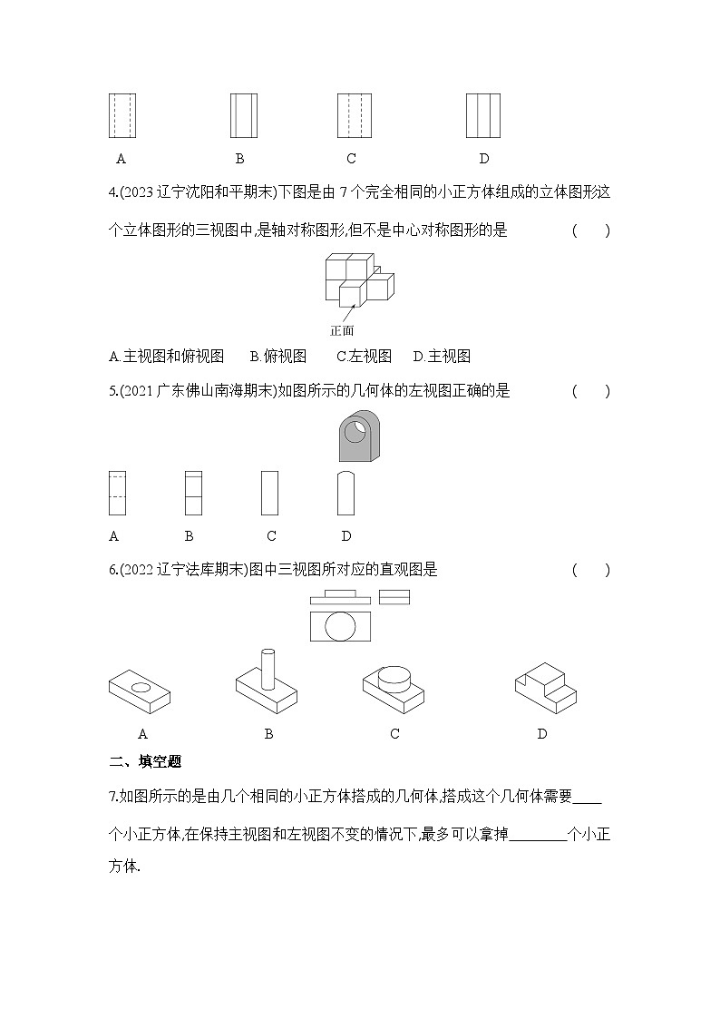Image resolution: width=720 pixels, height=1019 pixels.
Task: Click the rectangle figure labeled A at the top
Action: (x=122, y=115)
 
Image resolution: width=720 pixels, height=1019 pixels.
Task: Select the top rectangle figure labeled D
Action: (x=483, y=115)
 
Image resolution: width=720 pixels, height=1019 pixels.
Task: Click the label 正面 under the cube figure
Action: (x=342, y=330)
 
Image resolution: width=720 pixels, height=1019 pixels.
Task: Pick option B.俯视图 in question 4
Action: (x=277, y=356)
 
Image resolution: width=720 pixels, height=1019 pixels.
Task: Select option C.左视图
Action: (x=364, y=356)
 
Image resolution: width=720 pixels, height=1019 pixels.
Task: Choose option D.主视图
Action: (x=442, y=356)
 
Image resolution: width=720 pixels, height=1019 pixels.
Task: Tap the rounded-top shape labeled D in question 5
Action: (x=345, y=493)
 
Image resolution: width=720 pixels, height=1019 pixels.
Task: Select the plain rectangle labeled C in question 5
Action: (x=269, y=493)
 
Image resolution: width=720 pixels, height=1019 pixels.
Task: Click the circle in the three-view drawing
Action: (x=341, y=627)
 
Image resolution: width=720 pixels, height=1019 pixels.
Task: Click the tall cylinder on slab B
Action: (x=267, y=668)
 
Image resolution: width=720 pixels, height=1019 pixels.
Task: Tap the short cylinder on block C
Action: (x=394, y=678)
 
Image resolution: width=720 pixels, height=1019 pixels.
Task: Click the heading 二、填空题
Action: (x=145, y=761)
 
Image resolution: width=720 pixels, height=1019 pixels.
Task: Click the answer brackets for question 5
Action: (x=590, y=391)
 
